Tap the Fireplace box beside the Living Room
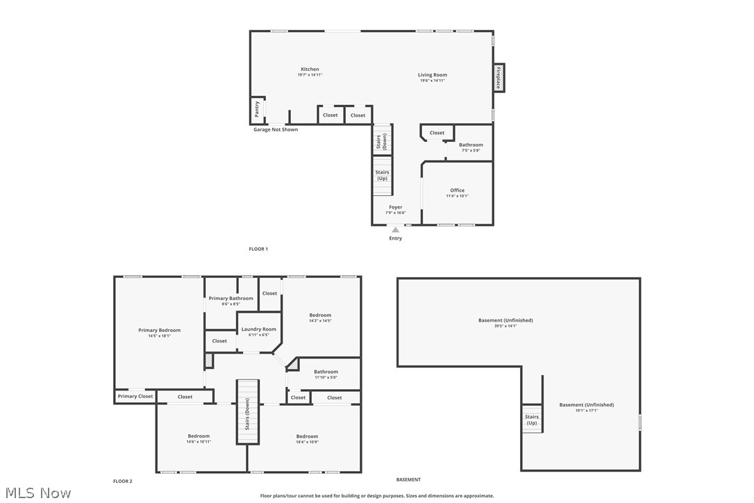coord(499,77)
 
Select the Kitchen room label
coord(310,69)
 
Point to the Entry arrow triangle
coord(395,230)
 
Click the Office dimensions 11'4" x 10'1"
coord(457,196)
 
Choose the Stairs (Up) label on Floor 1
coord(382,175)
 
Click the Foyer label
coord(395,207)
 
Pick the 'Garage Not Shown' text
coord(276,129)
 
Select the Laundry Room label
coord(258,329)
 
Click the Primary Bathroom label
coord(231,299)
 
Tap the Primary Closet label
coord(135,397)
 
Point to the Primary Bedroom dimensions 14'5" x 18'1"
coord(159,336)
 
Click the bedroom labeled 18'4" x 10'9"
coord(307,437)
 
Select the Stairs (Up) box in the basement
coord(532,420)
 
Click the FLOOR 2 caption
coord(122,481)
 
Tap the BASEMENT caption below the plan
coord(408,479)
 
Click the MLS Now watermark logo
coord(36,493)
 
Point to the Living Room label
coord(432,75)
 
